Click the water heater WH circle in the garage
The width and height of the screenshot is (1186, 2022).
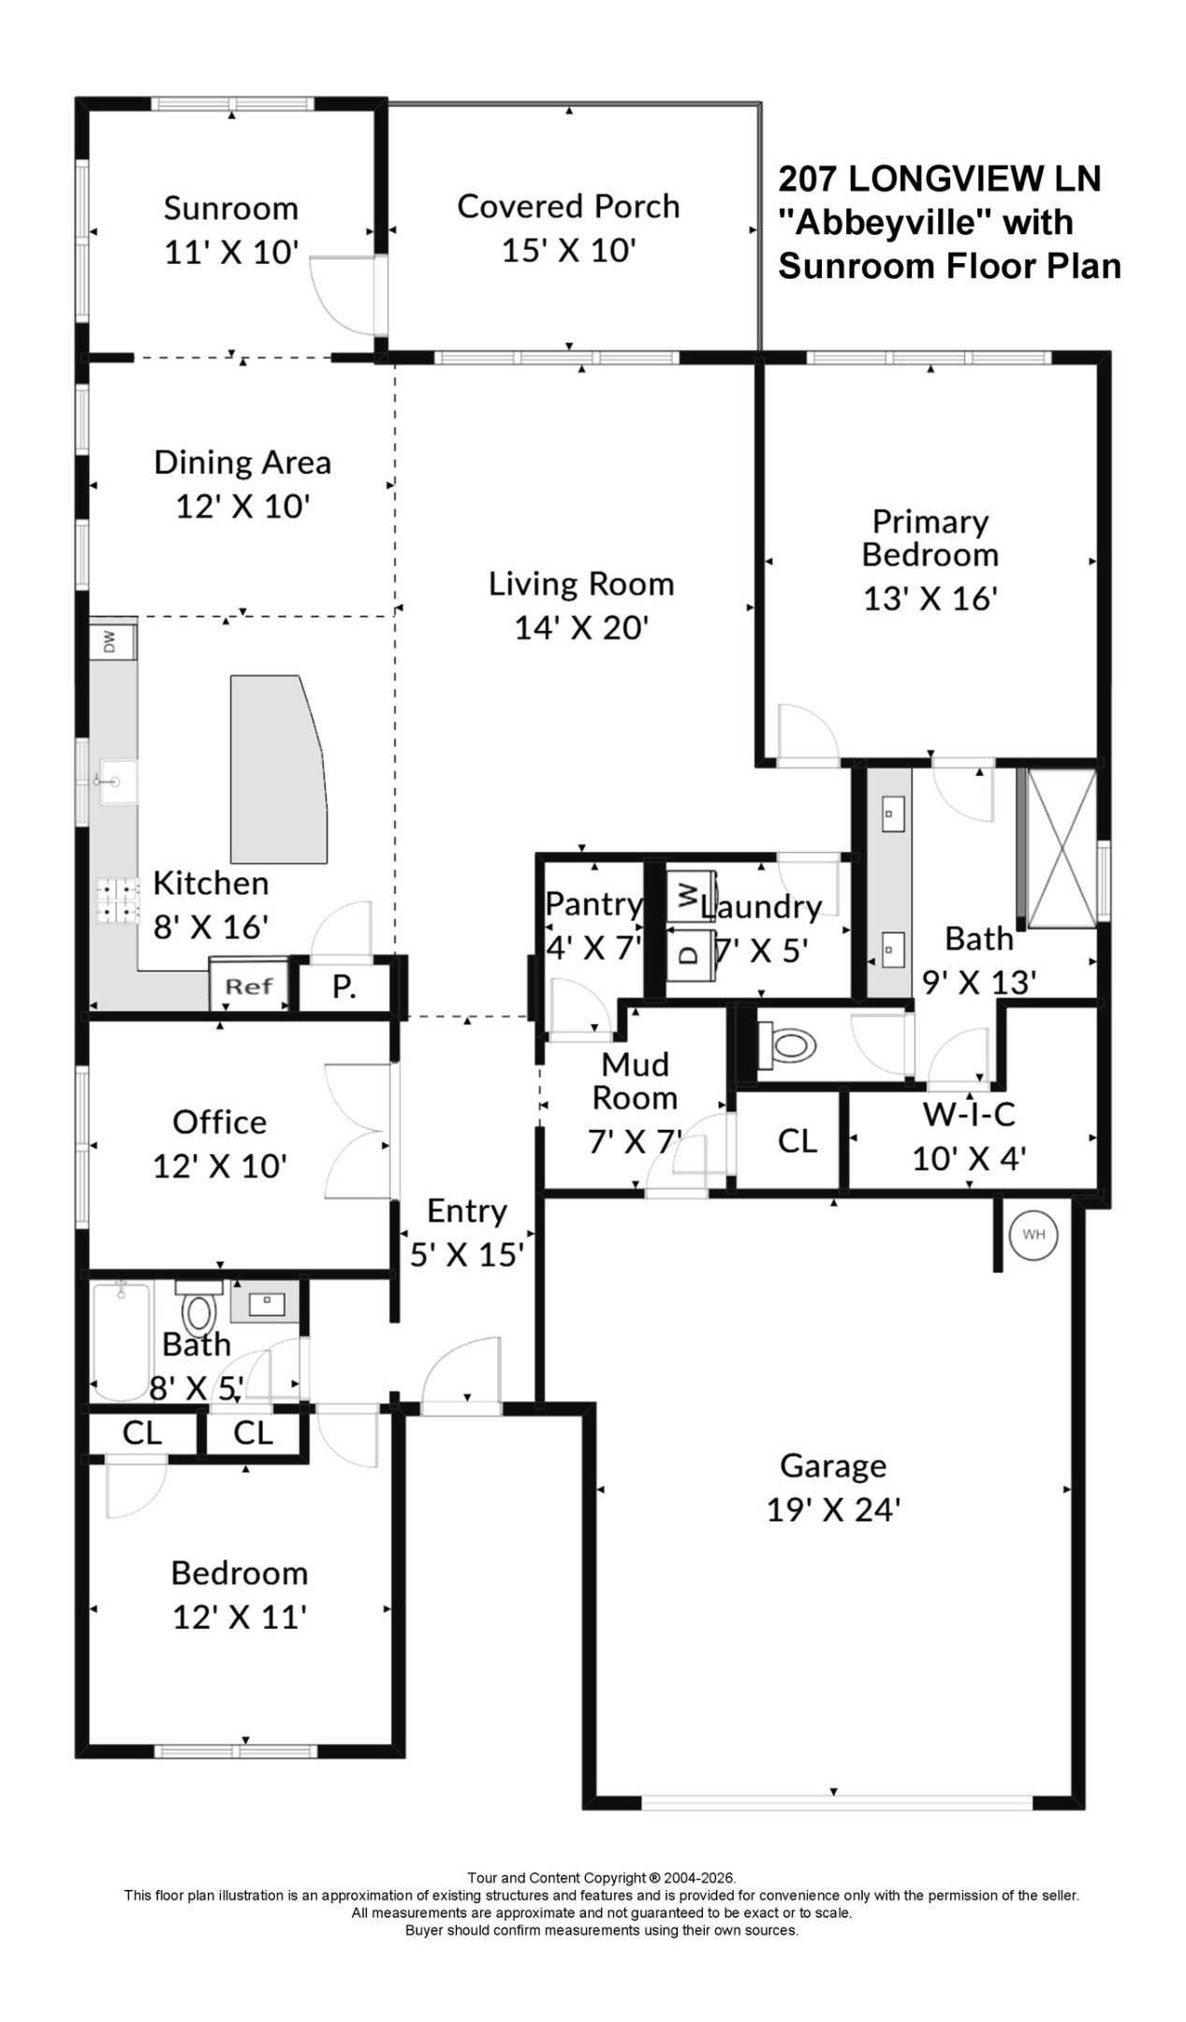tap(1032, 1234)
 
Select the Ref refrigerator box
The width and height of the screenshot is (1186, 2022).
tap(248, 985)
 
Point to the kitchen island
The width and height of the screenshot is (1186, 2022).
tap(280, 769)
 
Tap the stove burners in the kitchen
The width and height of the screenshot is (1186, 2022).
tap(117, 900)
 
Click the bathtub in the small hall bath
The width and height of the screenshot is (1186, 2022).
tap(121, 1341)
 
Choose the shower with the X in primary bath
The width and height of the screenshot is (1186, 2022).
tap(1062, 848)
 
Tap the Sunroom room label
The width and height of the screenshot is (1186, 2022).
tap(230, 208)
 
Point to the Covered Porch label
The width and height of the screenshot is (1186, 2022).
tap(568, 206)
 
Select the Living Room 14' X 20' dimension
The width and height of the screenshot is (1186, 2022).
tap(581, 627)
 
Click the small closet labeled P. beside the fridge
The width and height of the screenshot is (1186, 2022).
tap(344, 987)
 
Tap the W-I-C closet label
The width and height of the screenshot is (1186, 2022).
tap(969, 1114)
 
